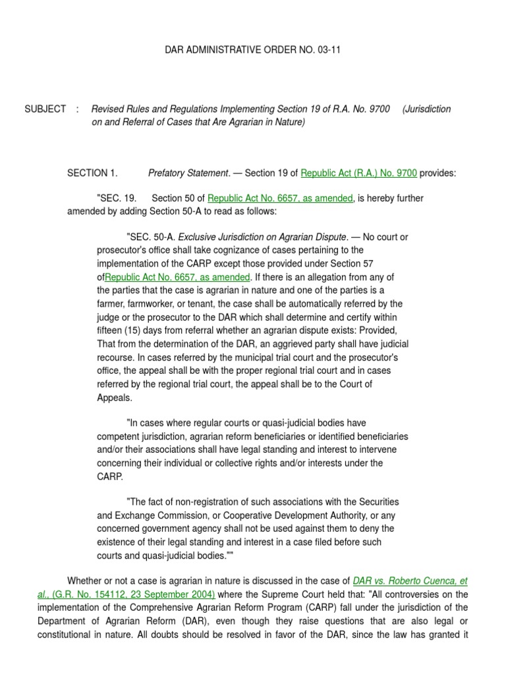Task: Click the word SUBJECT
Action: pos(45,109)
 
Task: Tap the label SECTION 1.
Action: pos(92,173)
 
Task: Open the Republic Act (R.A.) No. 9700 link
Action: pos(359,173)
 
